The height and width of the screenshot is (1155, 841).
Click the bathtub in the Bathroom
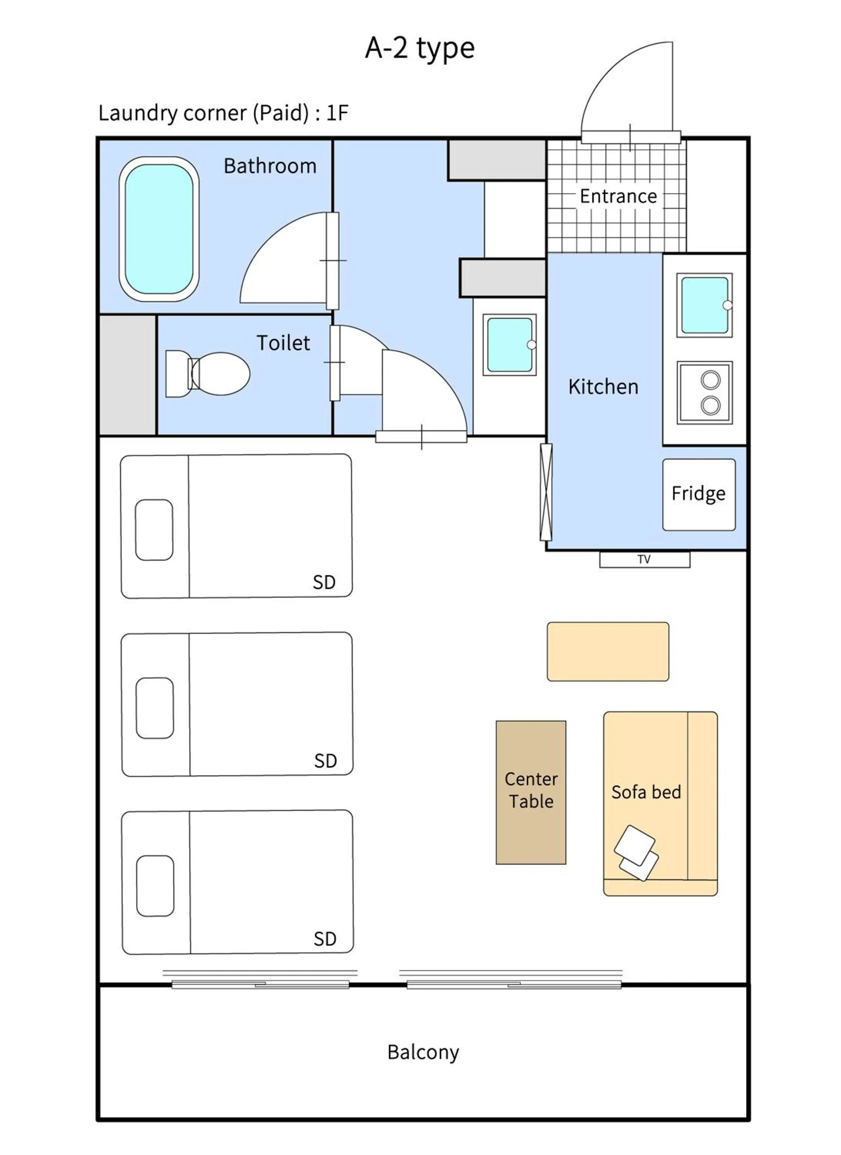point(159,229)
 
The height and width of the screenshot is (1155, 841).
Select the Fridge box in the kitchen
point(699,494)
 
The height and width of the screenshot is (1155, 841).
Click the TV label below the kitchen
point(644,559)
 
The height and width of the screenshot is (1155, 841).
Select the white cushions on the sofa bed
point(636,853)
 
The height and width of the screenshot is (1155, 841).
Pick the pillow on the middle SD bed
point(155,708)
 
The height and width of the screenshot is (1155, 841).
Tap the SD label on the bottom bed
point(325,939)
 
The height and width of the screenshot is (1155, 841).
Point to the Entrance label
point(618,196)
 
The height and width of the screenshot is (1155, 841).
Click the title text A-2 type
point(420,49)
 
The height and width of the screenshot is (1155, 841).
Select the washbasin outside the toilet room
point(509,345)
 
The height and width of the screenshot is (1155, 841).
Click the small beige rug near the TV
point(608,651)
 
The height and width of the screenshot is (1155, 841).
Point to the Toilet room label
point(283,343)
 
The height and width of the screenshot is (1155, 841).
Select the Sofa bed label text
point(646,792)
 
